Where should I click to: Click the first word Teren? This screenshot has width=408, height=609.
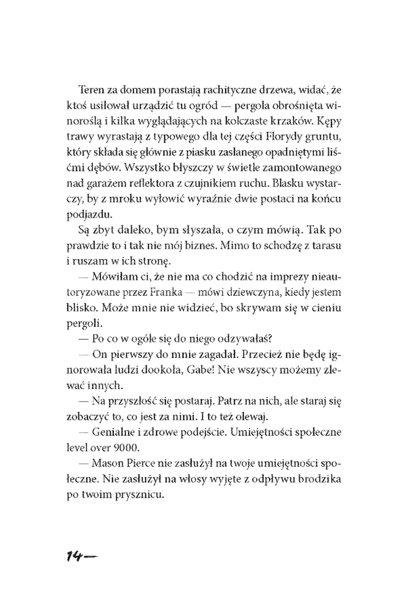[x=91, y=88]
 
